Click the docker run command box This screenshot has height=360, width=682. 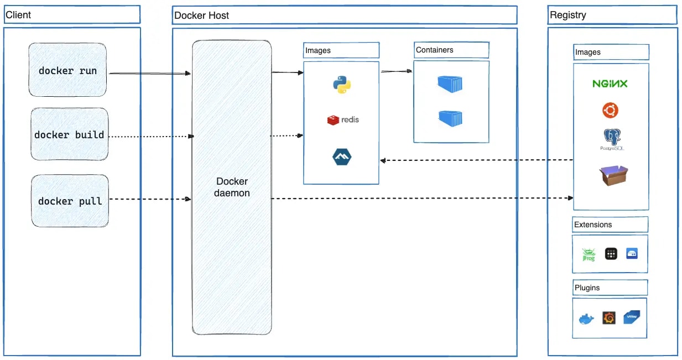coord(67,71)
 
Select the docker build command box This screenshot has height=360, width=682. coord(69,134)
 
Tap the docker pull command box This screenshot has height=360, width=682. coord(70,201)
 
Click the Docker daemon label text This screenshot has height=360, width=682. coord(232,187)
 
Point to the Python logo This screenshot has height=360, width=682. coord(342,85)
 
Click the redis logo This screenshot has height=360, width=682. coord(343,119)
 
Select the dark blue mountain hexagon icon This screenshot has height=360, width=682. coord(341,157)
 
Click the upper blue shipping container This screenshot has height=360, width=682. coord(450,84)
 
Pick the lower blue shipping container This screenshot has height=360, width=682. coord(450,118)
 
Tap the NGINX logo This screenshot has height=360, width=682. coord(610,84)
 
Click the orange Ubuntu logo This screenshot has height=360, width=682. coord(610,111)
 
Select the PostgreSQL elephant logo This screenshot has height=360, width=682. coord(611,139)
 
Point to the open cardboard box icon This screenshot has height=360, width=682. coord(613,175)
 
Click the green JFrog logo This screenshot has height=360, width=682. coord(588,254)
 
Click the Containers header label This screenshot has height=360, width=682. coord(435,50)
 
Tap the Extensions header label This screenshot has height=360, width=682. coord(593,225)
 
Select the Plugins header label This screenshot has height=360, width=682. coord(587,288)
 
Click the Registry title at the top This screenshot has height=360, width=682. coord(568,15)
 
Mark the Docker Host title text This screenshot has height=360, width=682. coord(201,15)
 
